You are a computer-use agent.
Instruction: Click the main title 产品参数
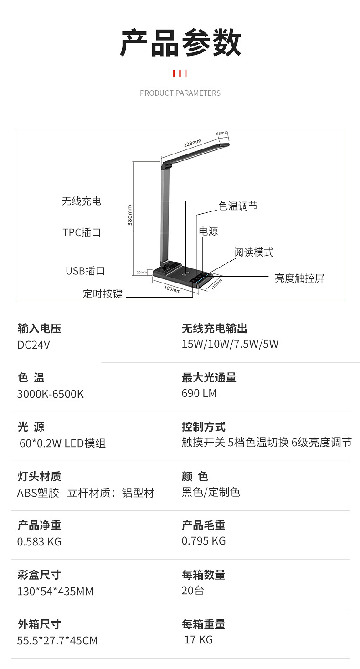click(180, 43)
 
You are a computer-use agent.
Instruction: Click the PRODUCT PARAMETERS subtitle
click(180, 93)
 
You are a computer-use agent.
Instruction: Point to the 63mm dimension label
click(222, 133)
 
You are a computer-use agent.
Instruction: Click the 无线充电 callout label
click(82, 201)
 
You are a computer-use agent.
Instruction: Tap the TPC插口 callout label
click(82, 233)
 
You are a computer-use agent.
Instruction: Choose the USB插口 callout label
click(85, 271)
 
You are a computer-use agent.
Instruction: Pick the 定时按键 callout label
click(103, 294)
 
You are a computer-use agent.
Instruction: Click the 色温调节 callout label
click(238, 206)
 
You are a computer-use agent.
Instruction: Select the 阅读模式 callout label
click(254, 252)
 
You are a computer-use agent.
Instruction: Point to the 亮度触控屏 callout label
click(299, 278)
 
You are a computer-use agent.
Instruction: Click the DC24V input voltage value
click(34, 345)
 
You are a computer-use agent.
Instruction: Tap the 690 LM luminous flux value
click(199, 393)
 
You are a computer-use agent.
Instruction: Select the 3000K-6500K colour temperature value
click(51, 394)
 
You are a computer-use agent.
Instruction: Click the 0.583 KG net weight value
click(39, 542)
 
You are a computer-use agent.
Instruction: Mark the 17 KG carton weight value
click(199, 640)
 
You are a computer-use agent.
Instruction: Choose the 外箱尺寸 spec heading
click(39, 624)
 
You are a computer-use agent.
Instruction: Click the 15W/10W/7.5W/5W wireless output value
click(230, 344)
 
